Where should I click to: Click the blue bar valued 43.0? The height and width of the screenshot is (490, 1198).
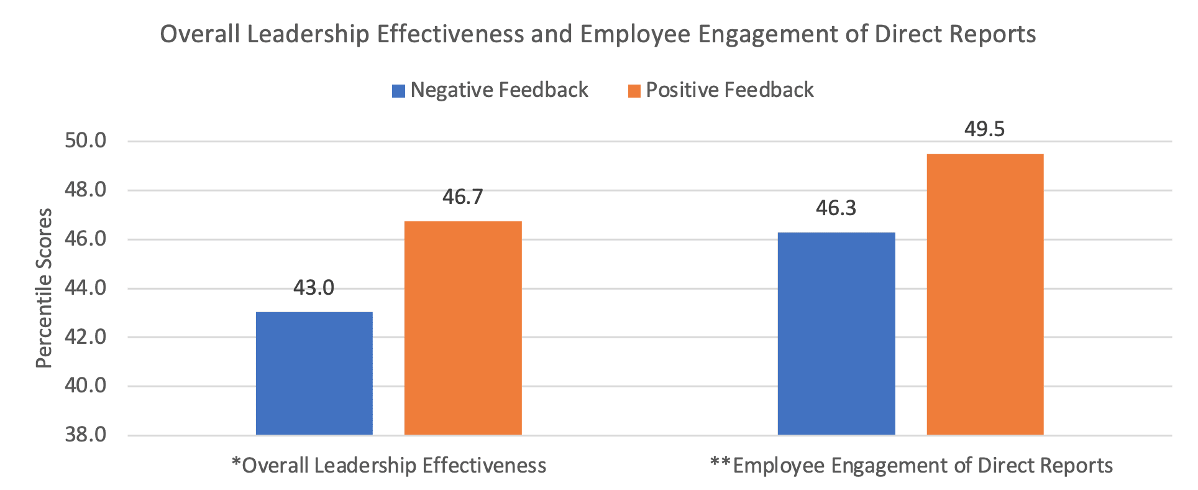point(314,373)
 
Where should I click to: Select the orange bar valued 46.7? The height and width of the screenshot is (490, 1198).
point(463,328)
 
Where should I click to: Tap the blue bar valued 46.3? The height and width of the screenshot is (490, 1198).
point(836,333)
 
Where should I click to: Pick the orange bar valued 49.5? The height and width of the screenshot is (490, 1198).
point(985,294)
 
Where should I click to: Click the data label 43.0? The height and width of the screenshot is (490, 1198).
point(314,288)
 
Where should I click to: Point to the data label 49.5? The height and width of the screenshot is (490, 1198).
point(984,129)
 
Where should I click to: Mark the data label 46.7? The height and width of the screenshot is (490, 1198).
point(462,197)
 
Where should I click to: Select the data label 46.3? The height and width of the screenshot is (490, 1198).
point(836,208)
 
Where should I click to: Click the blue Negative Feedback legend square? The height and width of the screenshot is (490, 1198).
point(398,91)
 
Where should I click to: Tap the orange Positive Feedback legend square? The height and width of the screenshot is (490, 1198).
point(634,91)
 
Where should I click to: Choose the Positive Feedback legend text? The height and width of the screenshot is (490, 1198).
point(729,90)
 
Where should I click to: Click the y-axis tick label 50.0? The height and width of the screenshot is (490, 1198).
point(86,141)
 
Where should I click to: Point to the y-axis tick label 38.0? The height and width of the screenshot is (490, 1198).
point(86,435)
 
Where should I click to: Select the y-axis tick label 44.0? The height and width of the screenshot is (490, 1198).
point(86,288)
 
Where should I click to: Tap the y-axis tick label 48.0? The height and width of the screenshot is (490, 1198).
point(86,190)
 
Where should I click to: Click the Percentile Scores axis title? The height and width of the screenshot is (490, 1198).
point(44,288)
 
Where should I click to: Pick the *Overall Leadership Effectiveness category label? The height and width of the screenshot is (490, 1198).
point(388,466)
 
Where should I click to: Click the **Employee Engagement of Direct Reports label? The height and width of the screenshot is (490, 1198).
point(911,466)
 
